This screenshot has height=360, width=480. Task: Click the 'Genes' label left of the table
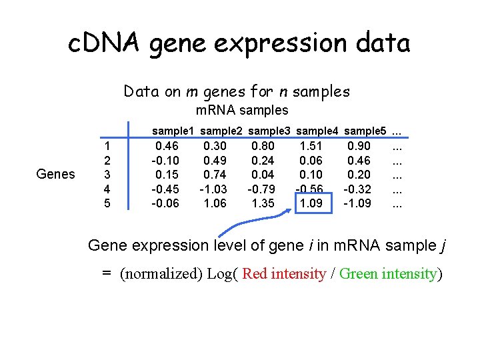click(x=56, y=174)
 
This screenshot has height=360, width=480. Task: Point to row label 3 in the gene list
click(x=107, y=174)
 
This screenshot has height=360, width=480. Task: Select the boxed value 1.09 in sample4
click(x=311, y=203)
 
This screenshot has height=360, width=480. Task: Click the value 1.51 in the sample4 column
click(x=311, y=145)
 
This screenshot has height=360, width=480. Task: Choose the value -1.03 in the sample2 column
click(x=215, y=189)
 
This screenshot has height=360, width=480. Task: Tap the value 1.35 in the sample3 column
click(x=263, y=203)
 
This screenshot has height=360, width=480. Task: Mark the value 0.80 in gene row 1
click(x=263, y=145)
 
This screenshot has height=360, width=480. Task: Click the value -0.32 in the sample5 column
click(x=357, y=189)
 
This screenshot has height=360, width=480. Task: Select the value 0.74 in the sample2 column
click(x=215, y=174)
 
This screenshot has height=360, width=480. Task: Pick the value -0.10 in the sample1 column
click(x=165, y=160)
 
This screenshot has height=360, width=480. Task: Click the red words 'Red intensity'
click(x=283, y=274)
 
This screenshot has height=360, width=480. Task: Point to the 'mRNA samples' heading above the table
click(x=242, y=110)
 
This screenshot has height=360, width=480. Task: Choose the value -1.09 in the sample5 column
click(x=357, y=203)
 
